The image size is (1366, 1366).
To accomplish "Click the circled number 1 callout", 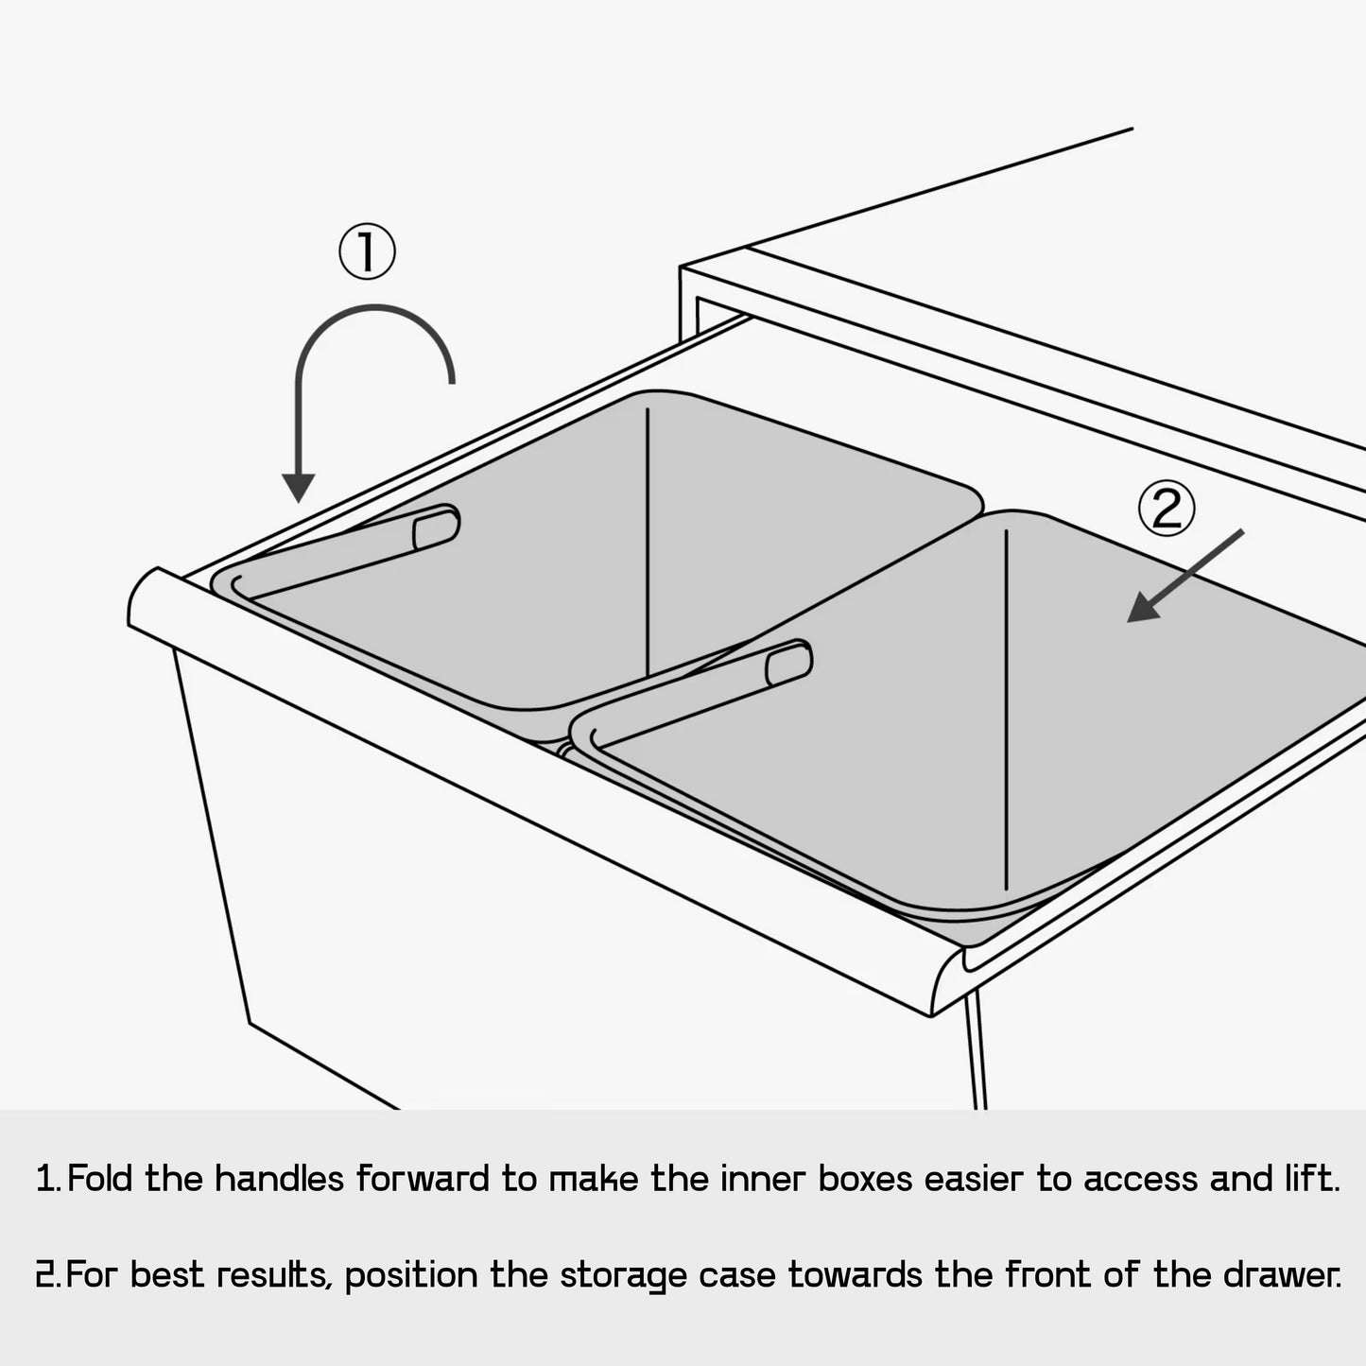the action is pyautogui.click(x=367, y=252).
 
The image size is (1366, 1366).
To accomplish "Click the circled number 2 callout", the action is pyautogui.click(x=1167, y=509).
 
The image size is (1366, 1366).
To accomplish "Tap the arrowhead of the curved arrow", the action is pyautogui.click(x=299, y=487).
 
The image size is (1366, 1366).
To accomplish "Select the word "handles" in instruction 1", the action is pyautogui.click(x=279, y=1179).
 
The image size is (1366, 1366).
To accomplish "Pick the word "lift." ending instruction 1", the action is pyautogui.click(x=1310, y=1179).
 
